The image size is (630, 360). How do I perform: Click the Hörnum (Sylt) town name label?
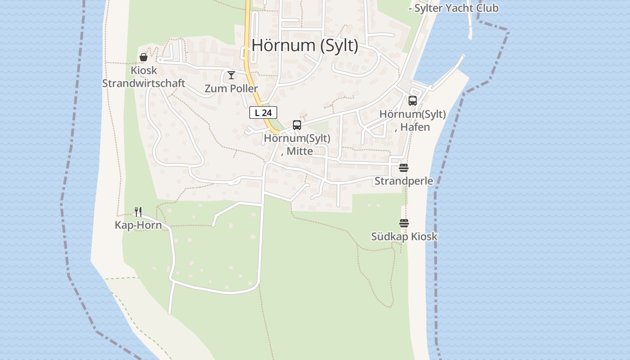click(x=305, y=45)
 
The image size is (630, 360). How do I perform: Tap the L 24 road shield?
click(x=263, y=112)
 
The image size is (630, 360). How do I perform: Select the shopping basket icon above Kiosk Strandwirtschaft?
click(x=144, y=57)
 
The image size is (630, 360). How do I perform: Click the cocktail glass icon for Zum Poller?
click(x=231, y=75)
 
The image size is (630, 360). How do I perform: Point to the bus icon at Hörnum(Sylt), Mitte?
click(x=297, y=125)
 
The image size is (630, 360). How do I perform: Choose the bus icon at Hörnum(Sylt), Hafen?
click(x=413, y=101)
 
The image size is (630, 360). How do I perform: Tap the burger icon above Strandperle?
click(x=404, y=168)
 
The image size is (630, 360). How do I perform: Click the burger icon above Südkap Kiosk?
click(x=404, y=223)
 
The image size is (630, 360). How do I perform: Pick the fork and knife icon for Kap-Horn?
click(x=138, y=211)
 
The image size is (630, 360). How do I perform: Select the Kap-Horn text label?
click(x=138, y=225)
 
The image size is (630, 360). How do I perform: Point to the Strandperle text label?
click(x=404, y=181)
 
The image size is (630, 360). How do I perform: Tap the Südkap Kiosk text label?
click(x=404, y=236)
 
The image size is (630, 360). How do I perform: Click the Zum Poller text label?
click(x=231, y=89)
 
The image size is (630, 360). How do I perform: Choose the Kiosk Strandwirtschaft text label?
click(x=144, y=77)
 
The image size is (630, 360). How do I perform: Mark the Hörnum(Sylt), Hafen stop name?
click(x=413, y=121)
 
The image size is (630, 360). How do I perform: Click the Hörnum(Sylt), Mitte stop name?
click(x=297, y=144)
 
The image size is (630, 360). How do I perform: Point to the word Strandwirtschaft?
click(x=144, y=83)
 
